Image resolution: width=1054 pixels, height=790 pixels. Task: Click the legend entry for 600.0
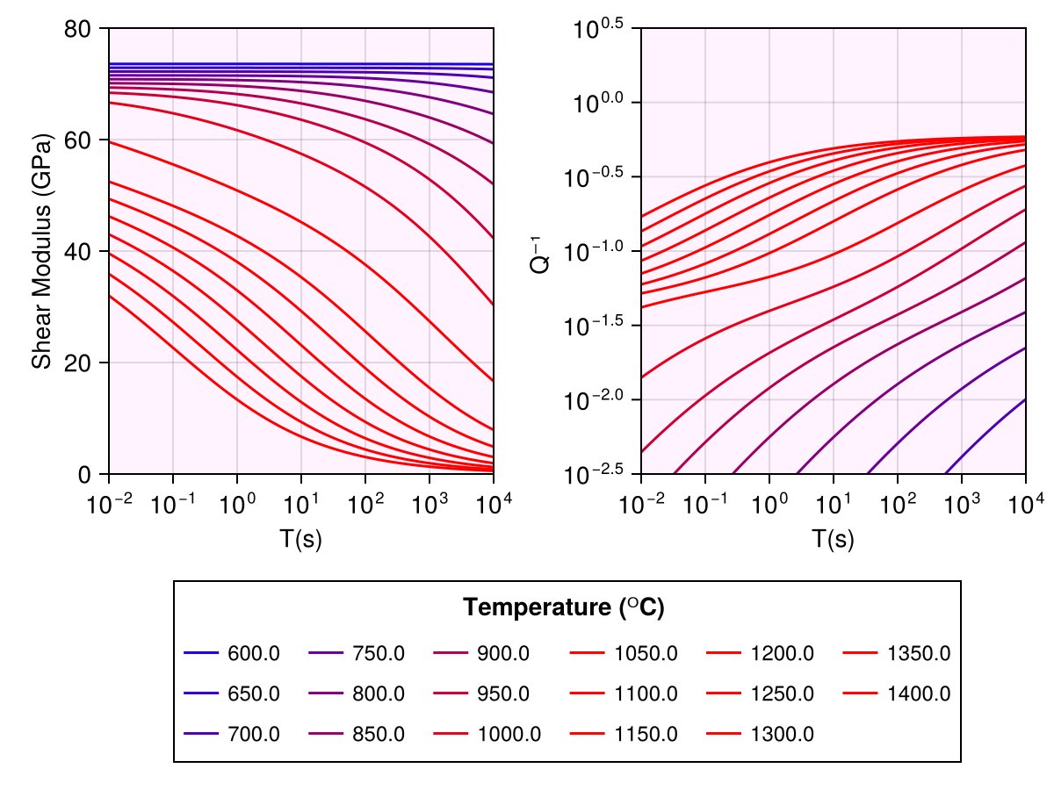point(253,654)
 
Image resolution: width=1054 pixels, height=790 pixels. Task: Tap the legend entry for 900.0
point(503,654)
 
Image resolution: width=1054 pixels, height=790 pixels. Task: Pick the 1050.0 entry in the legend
point(646,654)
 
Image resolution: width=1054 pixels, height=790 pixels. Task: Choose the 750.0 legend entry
point(379,654)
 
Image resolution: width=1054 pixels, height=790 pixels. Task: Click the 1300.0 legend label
point(783,734)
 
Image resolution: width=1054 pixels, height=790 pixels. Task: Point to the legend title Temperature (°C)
point(564,607)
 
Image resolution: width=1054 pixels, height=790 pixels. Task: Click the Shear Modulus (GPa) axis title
point(40,251)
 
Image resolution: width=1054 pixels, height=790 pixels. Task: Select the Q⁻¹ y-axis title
point(542,251)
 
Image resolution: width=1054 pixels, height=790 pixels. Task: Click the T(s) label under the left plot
point(301,540)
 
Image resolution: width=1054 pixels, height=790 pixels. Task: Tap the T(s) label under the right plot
point(834,540)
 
